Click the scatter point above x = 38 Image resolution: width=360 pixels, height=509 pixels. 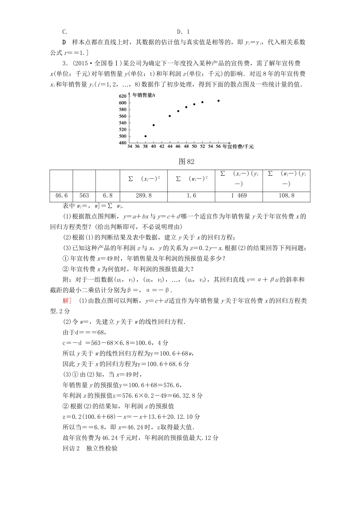pos(146,136)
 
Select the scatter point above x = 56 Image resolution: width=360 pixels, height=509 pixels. pos(219,101)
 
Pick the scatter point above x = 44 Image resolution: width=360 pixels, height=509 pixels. pos(170,116)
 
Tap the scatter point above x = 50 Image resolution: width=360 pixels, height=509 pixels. pos(194,104)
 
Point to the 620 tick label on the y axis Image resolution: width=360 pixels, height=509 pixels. pos(122,96)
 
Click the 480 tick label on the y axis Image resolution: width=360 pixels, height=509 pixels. pos(122,143)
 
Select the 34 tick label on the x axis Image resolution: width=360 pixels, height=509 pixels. pos(130,147)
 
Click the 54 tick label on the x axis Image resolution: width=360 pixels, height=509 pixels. pos(211,147)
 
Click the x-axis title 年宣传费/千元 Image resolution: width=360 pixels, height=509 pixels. pos(238,147)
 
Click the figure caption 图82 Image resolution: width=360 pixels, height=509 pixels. pos(186,162)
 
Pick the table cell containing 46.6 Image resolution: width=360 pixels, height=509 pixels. pos(61,196)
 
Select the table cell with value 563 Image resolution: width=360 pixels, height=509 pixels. pos(84,196)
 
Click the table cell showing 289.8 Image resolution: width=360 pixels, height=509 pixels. pos(144,196)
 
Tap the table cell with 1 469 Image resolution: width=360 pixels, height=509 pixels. pos(239,196)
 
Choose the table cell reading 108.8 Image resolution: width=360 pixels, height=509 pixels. pos(286,196)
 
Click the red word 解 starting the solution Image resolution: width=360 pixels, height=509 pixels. pos(66,301)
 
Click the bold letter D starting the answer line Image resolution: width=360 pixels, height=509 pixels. pos(64,42)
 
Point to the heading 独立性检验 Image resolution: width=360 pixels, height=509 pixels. pos(102,448)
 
